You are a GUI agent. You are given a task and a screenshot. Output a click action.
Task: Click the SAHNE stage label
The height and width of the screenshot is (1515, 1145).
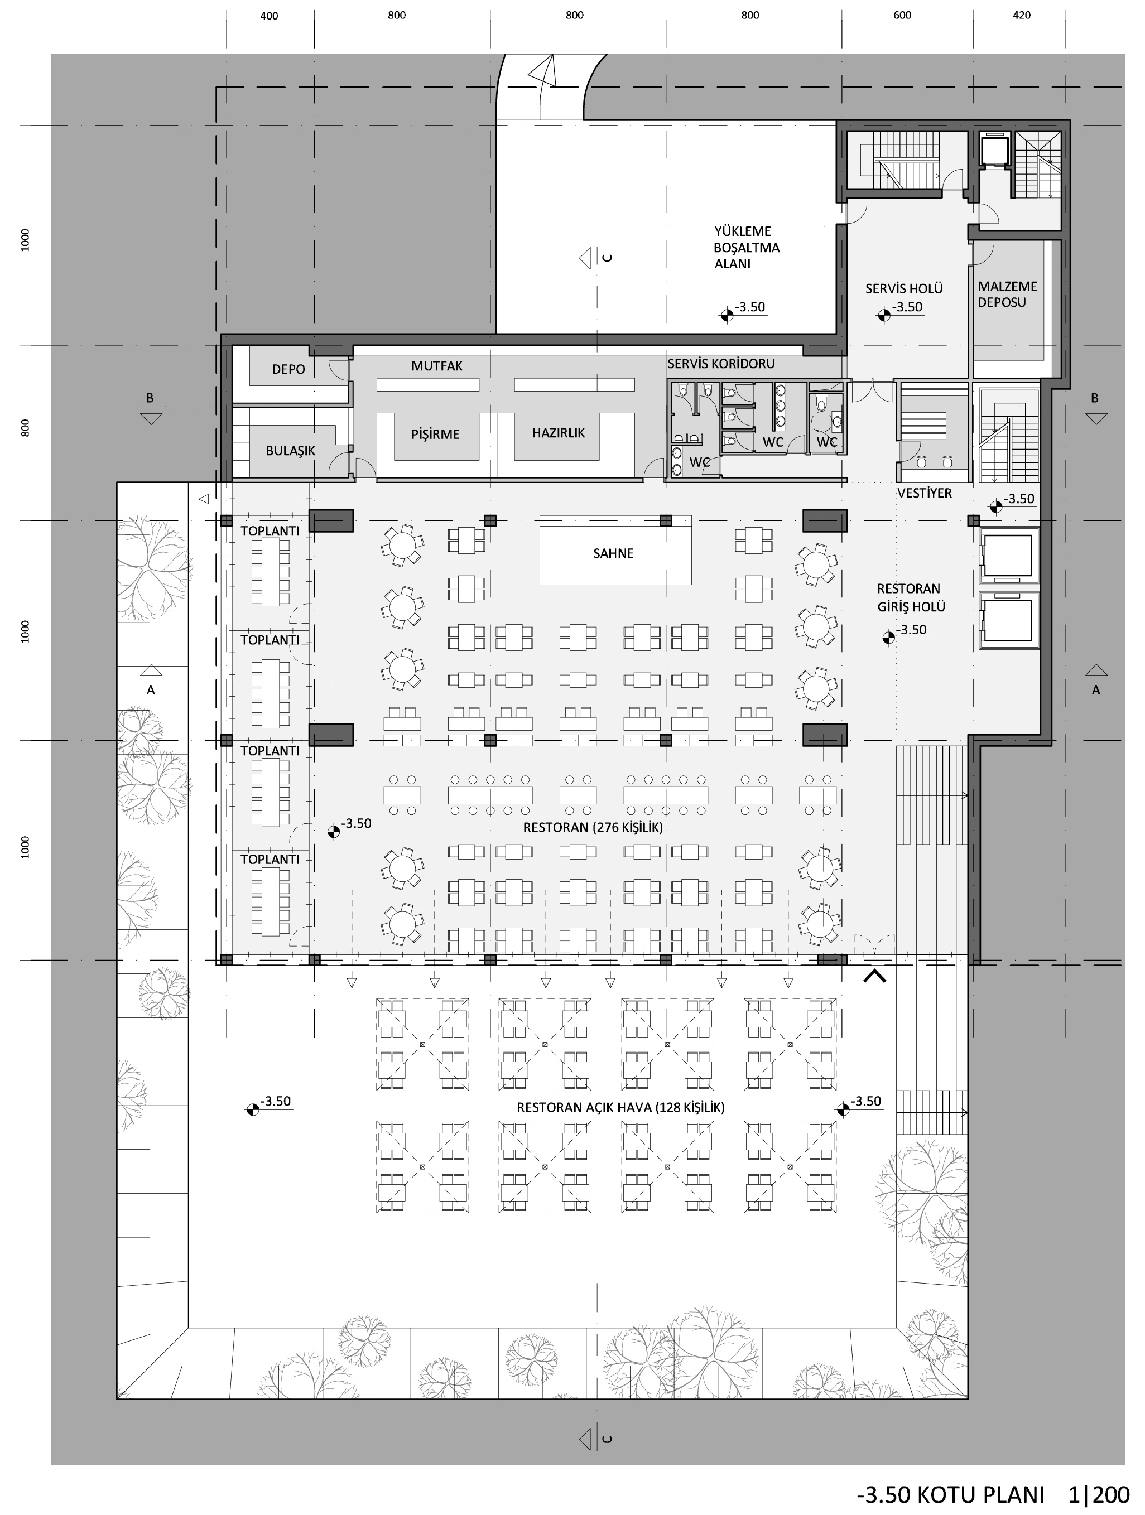coord(613,553)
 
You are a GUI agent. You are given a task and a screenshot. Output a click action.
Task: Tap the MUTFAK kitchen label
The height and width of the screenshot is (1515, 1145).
coord(436,366)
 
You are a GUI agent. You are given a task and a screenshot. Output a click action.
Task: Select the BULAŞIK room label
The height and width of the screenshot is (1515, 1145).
coord(291,451)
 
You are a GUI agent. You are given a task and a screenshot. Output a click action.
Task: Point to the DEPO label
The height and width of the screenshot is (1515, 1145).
coord(288,370)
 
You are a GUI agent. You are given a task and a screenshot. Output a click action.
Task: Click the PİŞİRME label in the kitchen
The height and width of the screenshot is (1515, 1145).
coord(435,434)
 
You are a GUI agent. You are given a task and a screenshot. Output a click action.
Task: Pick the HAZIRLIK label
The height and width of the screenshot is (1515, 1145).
coord(559,433)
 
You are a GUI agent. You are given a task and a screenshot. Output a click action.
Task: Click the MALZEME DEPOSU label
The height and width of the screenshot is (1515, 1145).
coord(1007,295)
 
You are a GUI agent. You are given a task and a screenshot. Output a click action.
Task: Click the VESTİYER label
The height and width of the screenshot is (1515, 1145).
coord(925,493)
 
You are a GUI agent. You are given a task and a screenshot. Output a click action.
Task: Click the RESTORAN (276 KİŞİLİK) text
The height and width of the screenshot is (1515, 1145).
coord(593,827)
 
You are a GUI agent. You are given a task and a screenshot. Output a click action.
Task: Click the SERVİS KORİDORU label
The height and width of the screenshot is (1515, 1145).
coord(721,364)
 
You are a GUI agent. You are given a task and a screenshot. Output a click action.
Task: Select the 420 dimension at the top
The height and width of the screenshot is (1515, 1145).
coord(1021,15)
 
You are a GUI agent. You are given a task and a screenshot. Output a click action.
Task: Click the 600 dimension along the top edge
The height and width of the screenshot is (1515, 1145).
coord(902,15)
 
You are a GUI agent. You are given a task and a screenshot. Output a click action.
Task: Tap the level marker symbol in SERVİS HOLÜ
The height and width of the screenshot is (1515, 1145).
coord(884,315)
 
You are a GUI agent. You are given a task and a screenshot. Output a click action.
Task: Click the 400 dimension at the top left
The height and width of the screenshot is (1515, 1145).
coord(270,16)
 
